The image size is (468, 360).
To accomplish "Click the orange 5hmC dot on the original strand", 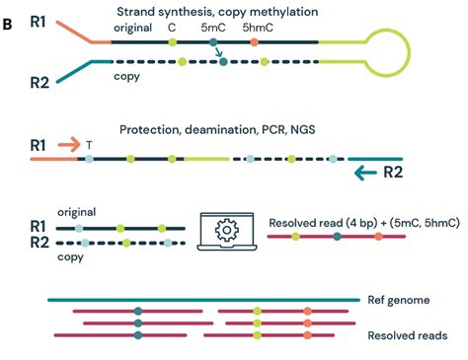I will [255, 43].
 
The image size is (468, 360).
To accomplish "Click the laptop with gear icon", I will [228, 232].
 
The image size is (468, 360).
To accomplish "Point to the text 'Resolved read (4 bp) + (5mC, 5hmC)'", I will [363, 224].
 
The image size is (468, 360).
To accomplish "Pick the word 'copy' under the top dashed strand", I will [124, 76].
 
